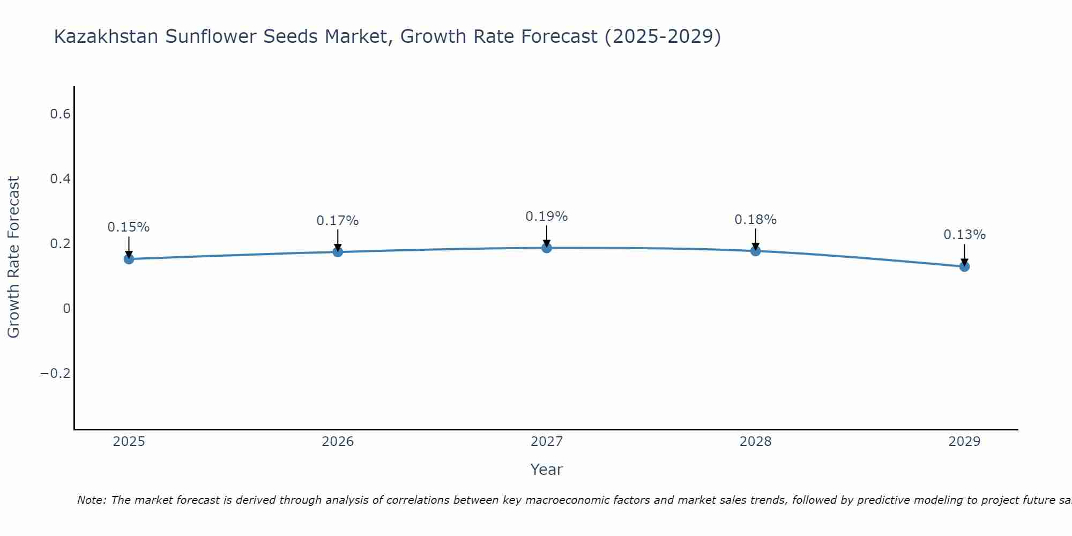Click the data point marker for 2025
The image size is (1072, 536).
point(129,259)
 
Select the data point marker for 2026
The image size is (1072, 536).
point(338,251)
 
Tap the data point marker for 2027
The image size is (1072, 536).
point(547,248)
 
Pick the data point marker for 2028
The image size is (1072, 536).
point(755,250)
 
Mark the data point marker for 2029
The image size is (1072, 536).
point(964,266)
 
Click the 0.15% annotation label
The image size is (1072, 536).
point(129,227)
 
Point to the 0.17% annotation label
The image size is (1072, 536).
point(338,221)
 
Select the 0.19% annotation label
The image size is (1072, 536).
point(547,217)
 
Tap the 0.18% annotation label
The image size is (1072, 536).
point(755,220)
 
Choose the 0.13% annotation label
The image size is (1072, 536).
point(964,235)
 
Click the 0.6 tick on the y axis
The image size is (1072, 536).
point(60,114)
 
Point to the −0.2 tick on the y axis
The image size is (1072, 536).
point(56,373)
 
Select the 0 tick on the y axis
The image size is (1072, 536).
point(66,308)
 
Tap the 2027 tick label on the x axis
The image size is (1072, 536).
point(547,442)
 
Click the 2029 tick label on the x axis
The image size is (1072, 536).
point(964,442)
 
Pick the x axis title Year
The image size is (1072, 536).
point(547,470)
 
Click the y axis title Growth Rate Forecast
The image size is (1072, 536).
point(13,257)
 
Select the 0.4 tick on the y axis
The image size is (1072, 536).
point(60,179)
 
